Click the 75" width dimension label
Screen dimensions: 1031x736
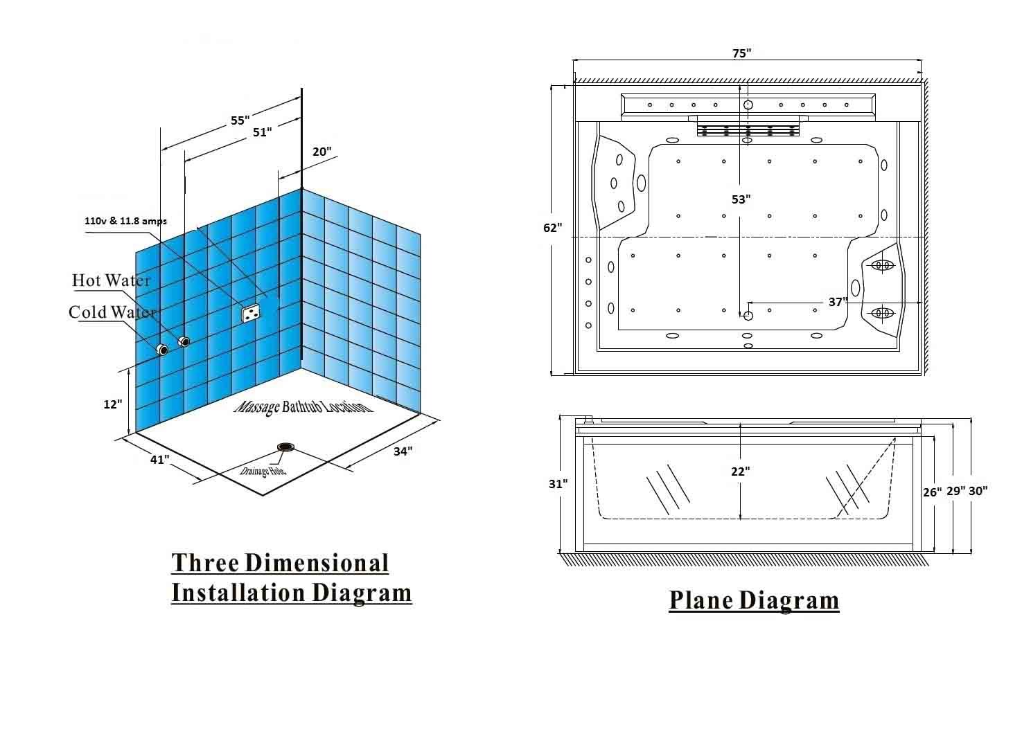[x=741, y=53]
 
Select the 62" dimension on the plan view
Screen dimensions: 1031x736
[x=552, y=228]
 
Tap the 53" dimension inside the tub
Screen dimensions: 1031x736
[x=741, y=199]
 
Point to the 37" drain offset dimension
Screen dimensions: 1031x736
[x=838, y=302]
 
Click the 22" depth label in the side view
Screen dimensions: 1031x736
[x=740, y=471]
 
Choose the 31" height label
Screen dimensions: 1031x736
[x=558, y=483]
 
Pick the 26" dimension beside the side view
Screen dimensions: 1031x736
[x=932, y=492]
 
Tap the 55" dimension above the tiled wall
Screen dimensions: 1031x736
[x=240, y=120]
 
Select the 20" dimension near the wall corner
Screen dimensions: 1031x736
[x=321, y=152]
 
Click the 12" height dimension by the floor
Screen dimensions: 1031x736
[x=112, y=404]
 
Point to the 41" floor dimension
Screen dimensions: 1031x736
[x=160, y=459]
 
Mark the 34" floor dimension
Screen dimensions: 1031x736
[x=403, y=451]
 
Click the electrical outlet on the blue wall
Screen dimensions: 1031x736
[x=250, y=313]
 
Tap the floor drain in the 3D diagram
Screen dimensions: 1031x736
[x=285, y=447]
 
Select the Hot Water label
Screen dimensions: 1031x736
[x=111, y=280]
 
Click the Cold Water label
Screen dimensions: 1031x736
[x=112, y=312]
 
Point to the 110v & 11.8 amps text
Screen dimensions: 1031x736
[x=125, y=221]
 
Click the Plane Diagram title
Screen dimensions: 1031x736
[x=754, y=600]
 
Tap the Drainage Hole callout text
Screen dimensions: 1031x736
[x=263, y=471]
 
